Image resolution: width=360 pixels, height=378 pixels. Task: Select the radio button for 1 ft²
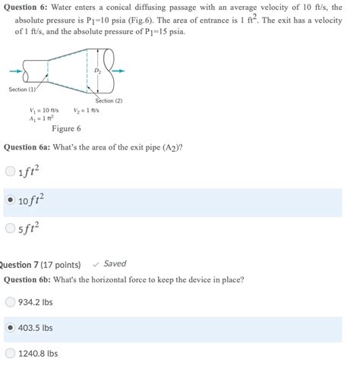10,172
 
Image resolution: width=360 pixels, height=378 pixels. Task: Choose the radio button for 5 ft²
10,227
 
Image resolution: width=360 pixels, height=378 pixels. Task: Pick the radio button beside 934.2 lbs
10,301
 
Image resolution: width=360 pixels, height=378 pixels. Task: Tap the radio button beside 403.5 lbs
10,328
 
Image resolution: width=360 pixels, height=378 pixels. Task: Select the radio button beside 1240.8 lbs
10,353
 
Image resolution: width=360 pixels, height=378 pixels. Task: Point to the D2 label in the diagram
96,71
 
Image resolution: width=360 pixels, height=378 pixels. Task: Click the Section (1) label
23,90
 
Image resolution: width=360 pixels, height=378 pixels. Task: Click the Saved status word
115,264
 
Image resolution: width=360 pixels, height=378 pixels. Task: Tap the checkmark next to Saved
96,264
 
